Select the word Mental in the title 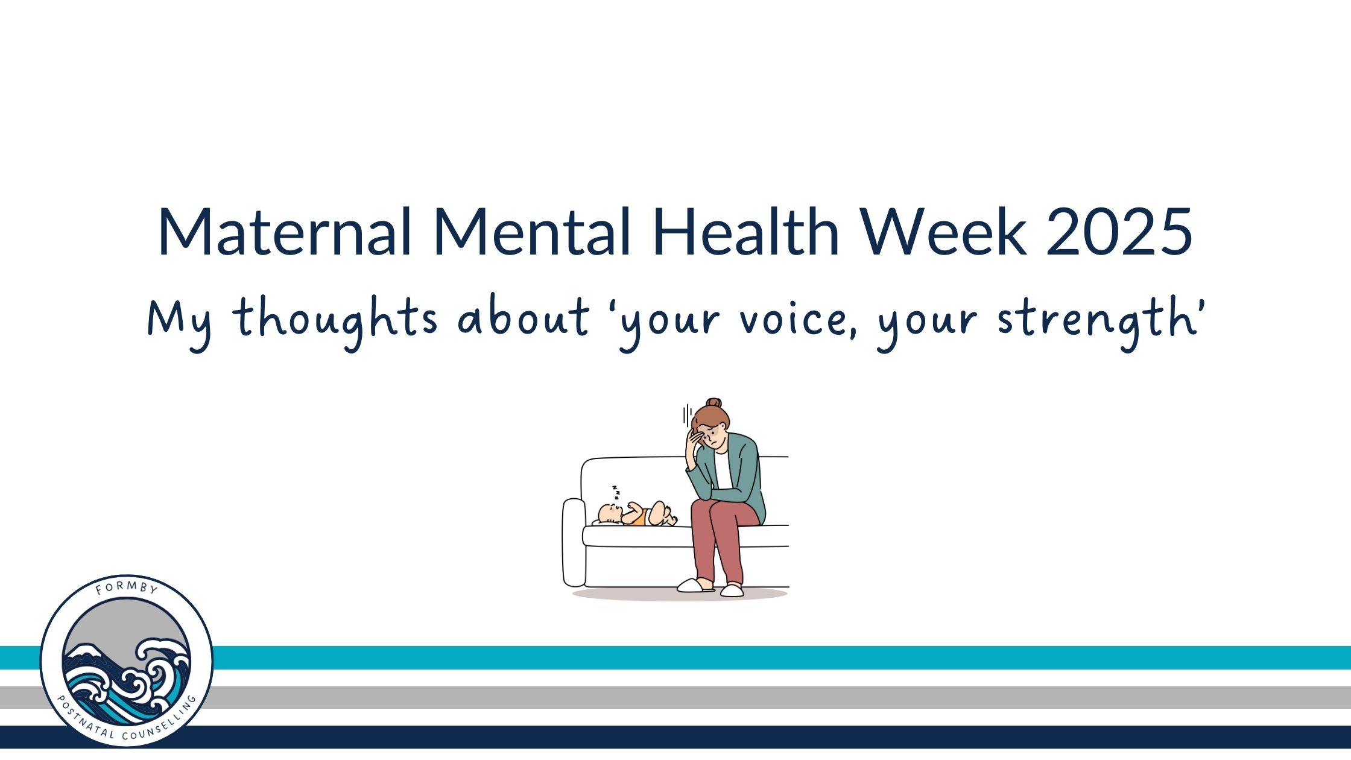point(532,232)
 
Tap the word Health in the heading point(746,232)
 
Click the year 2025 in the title point(1119,232)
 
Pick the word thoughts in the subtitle point(335,320)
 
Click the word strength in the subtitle point(1092,320)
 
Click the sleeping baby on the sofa point(637,514)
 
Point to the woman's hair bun point(714,403)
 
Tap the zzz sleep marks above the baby point(616,493)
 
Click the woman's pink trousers point(721,543)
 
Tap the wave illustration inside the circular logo point(127,682)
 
